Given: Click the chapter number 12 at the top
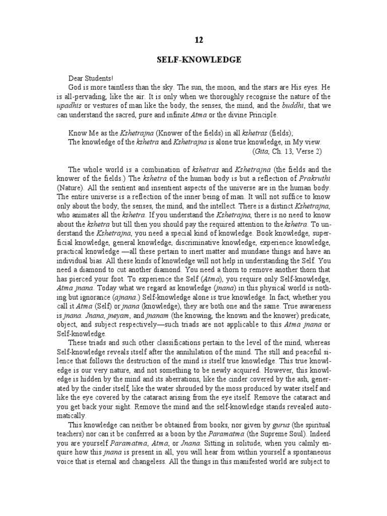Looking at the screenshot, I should pyautogui.click(x=198, y=39).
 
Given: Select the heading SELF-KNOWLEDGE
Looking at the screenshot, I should pyautogui.click(x=198, y=60).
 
